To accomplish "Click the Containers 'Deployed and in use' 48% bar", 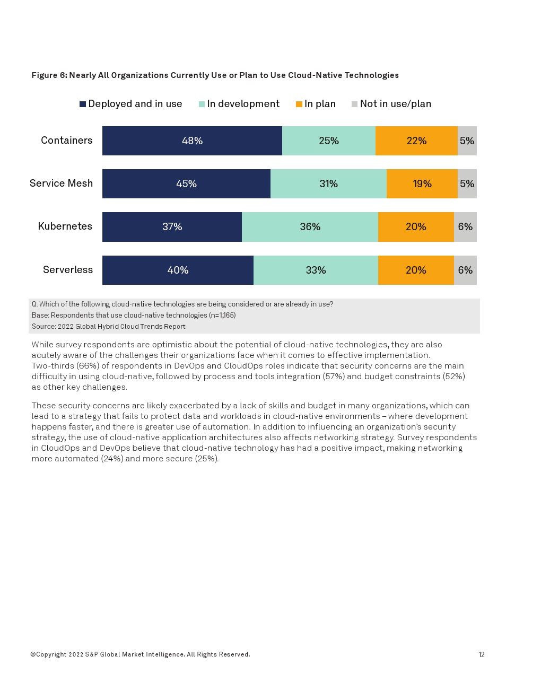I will point(192,141).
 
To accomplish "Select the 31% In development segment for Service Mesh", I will point(328,183).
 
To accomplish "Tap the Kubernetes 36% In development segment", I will point(310,226).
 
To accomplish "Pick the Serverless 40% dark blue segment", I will point(178,270).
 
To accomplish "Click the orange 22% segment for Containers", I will point(416,141).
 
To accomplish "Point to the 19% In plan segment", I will point(422,183).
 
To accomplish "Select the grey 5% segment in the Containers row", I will point(467,141).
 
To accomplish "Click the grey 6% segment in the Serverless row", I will point(465,270).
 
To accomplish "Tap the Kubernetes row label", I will point(65,226).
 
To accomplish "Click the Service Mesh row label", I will point(61,183).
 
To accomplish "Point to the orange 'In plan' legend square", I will point(299,104).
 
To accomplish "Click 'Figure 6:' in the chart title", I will point(49,75).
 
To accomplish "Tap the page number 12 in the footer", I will point(481,654).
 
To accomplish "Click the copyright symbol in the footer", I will point(33,654).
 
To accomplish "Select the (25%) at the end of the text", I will point(206,459).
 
